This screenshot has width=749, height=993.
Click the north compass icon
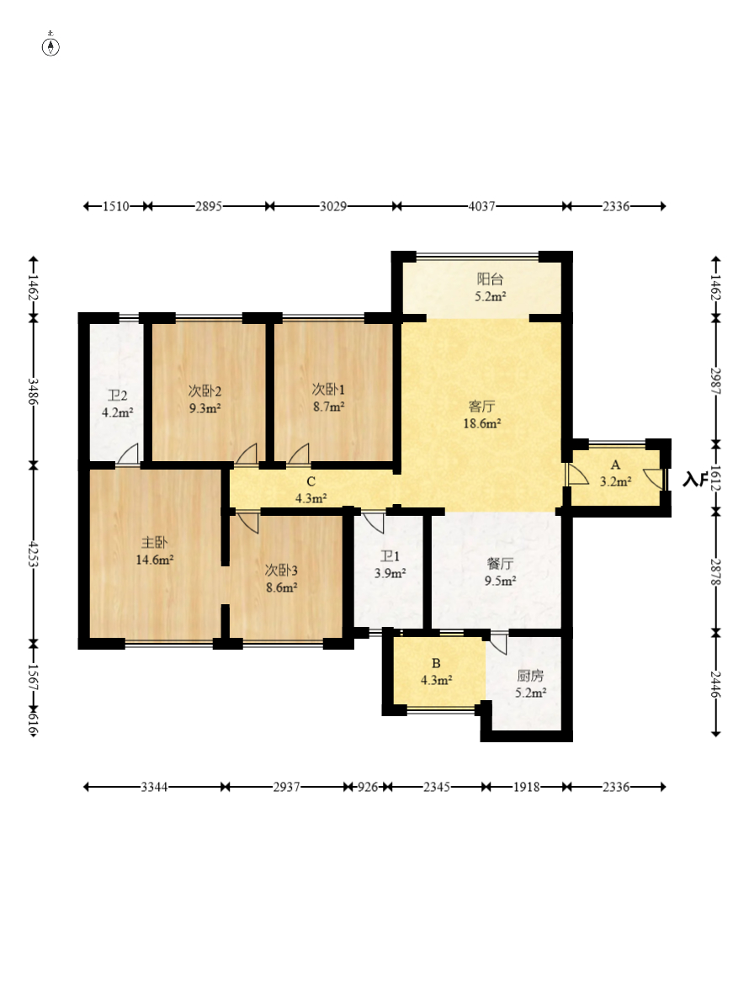[50, 46]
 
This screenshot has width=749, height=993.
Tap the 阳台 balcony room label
[490, 279]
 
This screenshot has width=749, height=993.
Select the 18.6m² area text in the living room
[482, 423]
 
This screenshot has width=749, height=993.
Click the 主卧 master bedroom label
[155, 542]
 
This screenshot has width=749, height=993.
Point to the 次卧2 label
[205, 391]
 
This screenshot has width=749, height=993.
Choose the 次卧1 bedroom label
[328, 390]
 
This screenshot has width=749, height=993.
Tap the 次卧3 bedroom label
[281, 571]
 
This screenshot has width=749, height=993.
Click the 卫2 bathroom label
[118, 396]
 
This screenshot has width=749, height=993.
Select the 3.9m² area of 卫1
[390, 574]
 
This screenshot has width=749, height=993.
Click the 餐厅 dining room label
[500, 563]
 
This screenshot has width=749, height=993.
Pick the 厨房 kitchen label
[530, 675]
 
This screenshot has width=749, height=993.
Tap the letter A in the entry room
[615, 465]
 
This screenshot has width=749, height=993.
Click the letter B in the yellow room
[436, 663]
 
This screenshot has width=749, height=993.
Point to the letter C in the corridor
[311, 481]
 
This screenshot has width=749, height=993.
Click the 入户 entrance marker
[694, 480]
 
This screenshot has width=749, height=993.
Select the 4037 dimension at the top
[482, 206]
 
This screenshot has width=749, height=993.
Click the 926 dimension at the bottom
[367, 787]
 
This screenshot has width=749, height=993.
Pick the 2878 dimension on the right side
[715, 571]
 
